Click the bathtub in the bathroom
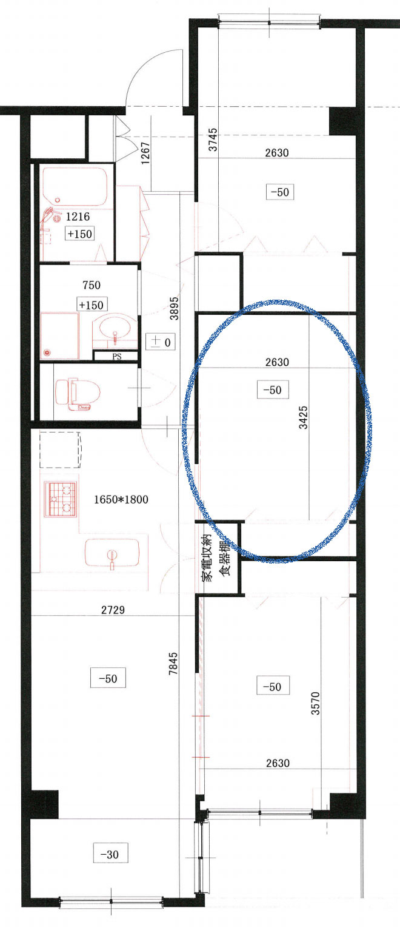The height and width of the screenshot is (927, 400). pos(75,186)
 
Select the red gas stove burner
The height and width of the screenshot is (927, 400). pos(61,499)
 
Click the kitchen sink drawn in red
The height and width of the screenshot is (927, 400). pos(112,553)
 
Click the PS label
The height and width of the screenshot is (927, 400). pos(117,356)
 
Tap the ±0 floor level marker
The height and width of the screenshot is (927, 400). pos(161,342)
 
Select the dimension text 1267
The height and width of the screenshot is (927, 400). pos(145,153)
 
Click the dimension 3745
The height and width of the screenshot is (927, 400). pos(213,140)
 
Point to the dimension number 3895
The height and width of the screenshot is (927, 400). pos(175,308)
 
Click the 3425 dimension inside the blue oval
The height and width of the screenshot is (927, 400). pos(303,417)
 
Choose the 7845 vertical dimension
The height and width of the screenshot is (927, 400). pos(173,663)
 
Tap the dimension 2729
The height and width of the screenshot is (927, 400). pos(113,610)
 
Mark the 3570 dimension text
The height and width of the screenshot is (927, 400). pos(315,703)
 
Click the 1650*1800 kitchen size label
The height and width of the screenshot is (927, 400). pos(121,499)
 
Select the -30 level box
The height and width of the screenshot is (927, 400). pos(110,853)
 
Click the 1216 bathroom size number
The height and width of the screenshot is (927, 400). pos(78,217)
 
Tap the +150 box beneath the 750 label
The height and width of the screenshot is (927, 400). pos(92,305)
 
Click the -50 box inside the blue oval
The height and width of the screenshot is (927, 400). pos(273,389)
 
